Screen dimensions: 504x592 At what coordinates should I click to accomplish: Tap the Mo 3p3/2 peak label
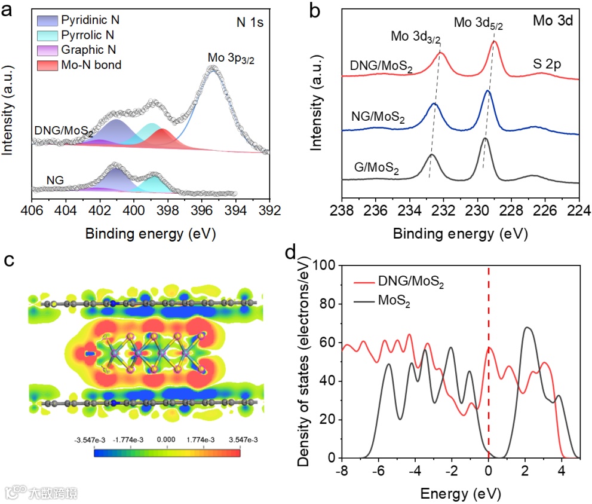point(231,58)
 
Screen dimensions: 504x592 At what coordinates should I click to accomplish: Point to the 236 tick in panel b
point(375,210)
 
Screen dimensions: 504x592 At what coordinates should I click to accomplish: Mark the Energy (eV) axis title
point(459,494)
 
